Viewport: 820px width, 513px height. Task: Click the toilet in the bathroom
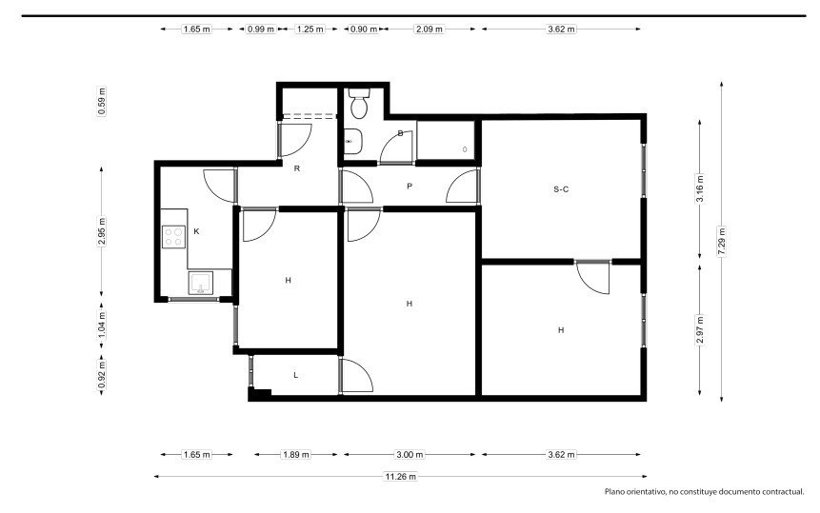coord(359,103)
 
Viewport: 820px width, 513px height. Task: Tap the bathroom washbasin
coord(352,142)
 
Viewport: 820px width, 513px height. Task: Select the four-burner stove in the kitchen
coord(173,236)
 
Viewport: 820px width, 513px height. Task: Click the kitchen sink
coord(201,283)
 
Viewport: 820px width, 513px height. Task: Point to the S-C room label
coord(561,189)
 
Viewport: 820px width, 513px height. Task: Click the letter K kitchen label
coord(196,231)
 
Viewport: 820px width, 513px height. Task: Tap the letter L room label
coord(296,375)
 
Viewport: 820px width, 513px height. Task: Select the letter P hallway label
coord(410,186)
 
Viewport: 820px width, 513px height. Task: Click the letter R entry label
coord(297,168)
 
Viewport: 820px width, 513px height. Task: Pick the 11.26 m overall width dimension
coord(401,477)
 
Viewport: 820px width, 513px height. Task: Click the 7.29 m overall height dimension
coord(722,242)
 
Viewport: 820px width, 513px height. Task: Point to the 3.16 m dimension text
coord(700,188)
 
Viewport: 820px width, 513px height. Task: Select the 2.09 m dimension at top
coord(429,30)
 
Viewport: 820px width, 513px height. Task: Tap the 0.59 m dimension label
coord(102,102)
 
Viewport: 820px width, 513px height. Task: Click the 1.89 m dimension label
coord(296,455)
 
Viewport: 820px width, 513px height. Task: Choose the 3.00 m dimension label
coord(410,455)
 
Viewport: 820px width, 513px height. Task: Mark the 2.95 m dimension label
coord(102,231)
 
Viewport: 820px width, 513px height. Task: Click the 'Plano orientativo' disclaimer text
coord(705,491)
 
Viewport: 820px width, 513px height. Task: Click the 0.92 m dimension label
coord(102,376)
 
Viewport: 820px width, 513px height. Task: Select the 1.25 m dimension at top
coord(310,30)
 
